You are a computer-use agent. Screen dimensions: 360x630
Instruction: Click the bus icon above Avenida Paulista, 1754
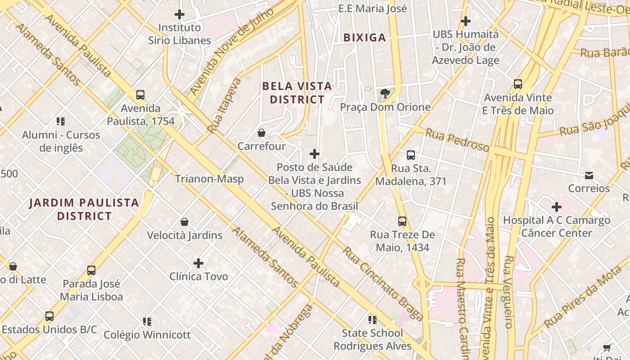click(x=140, y=95)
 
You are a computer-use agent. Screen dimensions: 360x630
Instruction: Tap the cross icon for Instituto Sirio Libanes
click(x=180, y=14)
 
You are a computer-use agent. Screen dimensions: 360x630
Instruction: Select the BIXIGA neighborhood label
click(x=364, y=38)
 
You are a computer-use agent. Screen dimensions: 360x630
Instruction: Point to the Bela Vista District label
click(x=297, y=93)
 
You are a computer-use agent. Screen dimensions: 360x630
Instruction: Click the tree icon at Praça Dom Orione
click(x=385, y=94)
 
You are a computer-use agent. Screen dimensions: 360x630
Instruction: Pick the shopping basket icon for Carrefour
click(x=261, y=133)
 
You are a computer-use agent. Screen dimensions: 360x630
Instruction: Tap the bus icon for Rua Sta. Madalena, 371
click(x=411, y=155)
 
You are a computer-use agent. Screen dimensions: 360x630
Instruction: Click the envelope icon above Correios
click(x=589, y=175)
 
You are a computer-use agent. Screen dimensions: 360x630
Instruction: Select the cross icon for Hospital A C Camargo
click(x=557, y=207)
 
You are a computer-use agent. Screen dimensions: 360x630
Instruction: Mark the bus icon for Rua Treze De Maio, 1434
click(x=402, y=221)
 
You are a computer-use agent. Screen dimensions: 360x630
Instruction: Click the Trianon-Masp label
click(x=209, y=179)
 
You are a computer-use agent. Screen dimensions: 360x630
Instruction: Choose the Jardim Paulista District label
click(x=84, y=209)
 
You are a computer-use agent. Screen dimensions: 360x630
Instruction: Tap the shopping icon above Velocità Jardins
click(x=184, y=222)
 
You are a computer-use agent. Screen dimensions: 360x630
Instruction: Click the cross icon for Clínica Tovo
click(x=198, y=263)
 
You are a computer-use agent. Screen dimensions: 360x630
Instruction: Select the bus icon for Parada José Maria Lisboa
click(x=91, y=270)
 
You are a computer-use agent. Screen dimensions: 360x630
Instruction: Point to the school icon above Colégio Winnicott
click(x=147, y=322)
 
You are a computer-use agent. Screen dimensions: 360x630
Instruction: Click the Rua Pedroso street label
click(x=457, y=140)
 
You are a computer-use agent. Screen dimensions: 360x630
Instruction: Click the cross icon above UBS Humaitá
click(x=466, y=21)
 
